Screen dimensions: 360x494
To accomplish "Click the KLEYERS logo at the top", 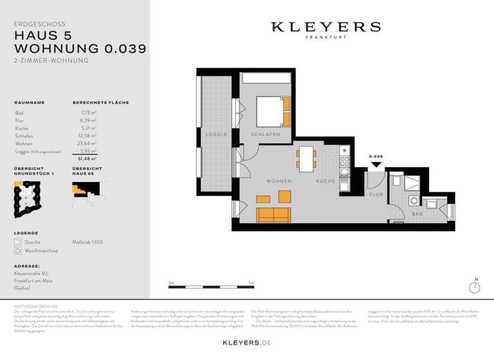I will (325, 27).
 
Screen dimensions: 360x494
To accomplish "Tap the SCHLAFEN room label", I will (266, 134).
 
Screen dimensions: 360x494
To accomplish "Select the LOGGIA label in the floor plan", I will (216, 134).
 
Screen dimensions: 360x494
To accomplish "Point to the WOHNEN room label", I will (279, 181).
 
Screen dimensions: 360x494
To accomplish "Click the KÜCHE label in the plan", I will (325, 181).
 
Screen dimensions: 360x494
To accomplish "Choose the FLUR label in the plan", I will (376, 194).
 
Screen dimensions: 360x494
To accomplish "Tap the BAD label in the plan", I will (417, 213).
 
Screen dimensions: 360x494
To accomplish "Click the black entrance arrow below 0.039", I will (376, 164).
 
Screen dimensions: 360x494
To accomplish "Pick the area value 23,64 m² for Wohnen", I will (87, 144).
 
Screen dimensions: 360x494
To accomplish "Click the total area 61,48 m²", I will (87, 158).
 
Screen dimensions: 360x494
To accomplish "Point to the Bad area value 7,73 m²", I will (89, 113).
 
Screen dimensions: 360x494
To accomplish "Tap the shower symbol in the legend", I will (17, 242).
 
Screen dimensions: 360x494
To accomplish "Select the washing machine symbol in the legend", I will (17, 251).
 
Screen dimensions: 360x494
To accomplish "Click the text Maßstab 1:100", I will (87, 242).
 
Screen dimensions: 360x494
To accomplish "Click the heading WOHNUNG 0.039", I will (80, 48).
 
